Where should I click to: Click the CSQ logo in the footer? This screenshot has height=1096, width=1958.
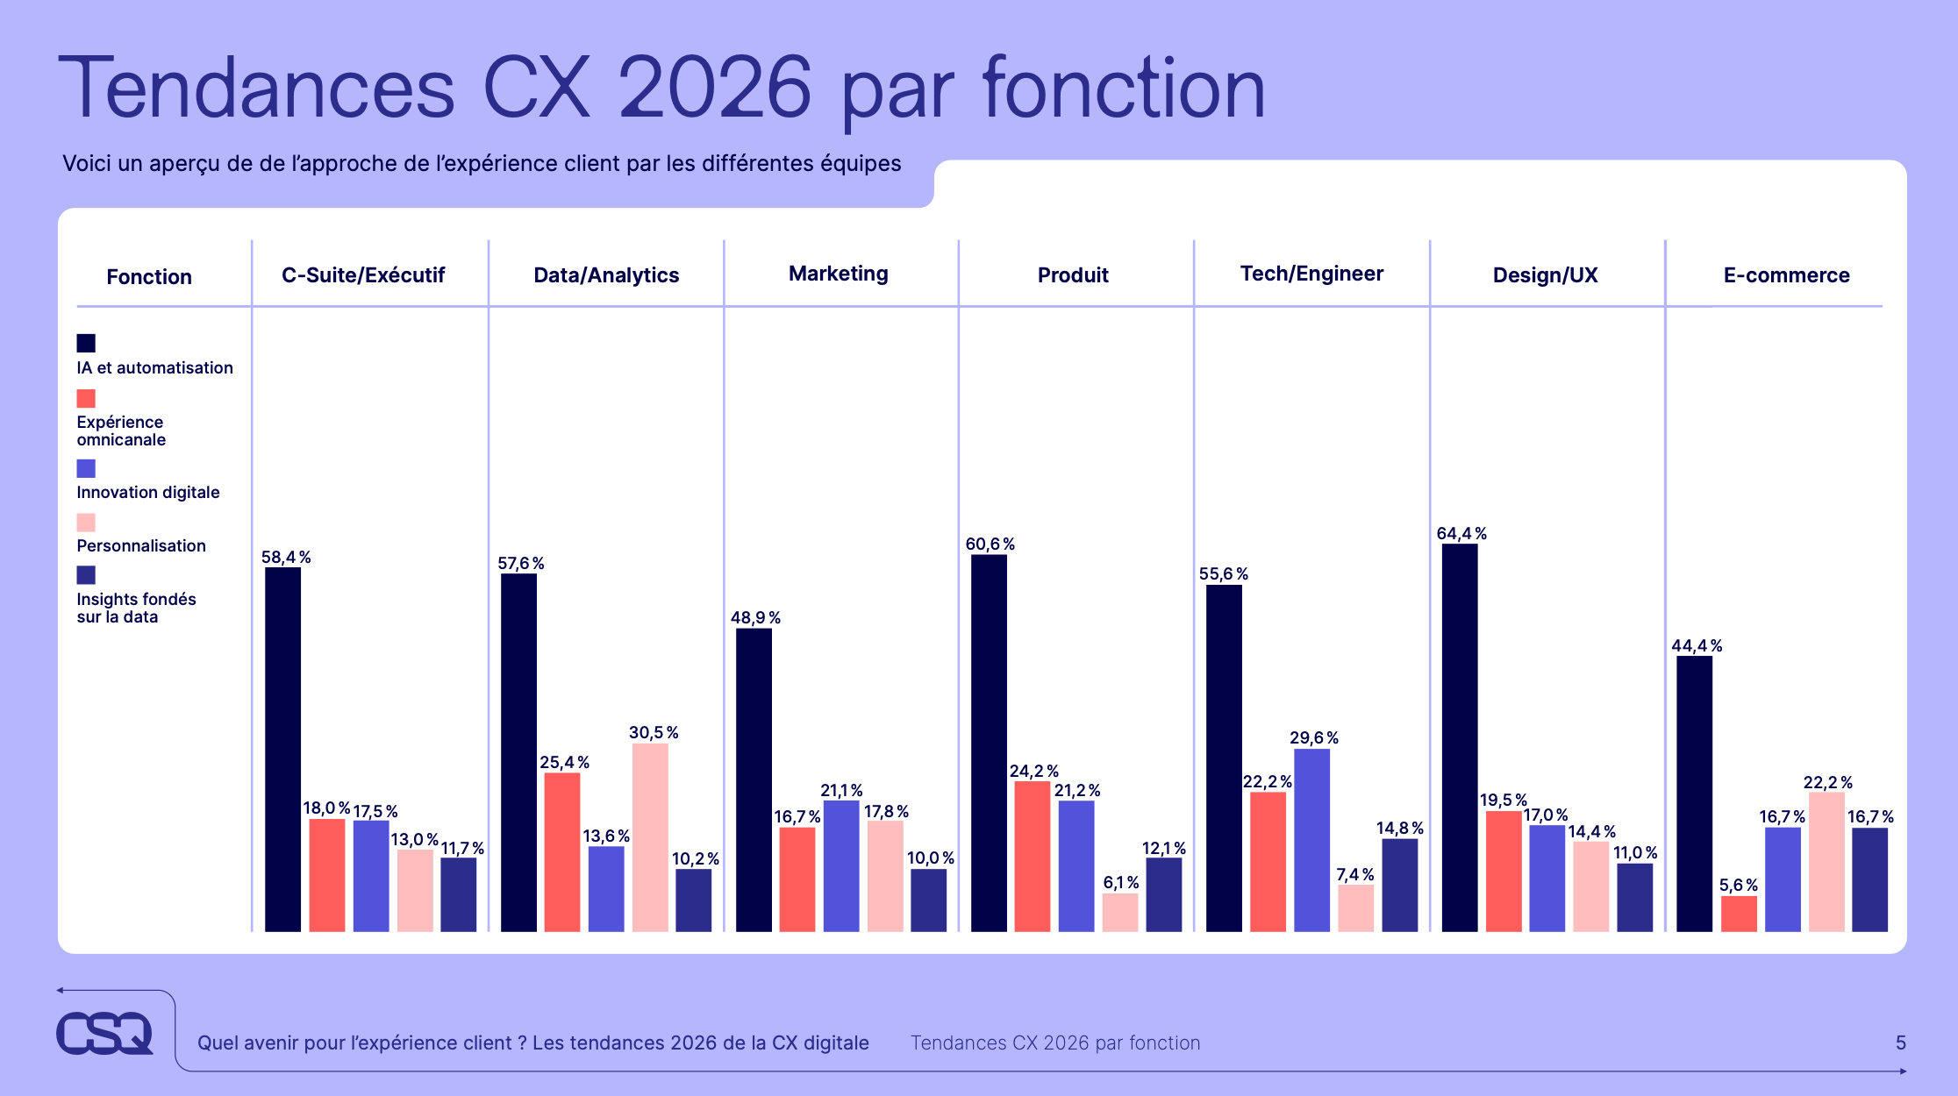pyautogui.click(x=104, y=1033)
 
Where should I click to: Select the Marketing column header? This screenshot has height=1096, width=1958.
pyautogui.click(x=838, y=274)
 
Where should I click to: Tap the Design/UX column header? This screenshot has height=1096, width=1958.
pyautogui.click(x=1545, y=275)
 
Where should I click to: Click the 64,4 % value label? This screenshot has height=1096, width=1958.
pyautogui.click(x=1461, y=533)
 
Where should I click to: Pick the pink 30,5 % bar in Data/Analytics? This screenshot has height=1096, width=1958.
pyautogui.click(x=650, y=837)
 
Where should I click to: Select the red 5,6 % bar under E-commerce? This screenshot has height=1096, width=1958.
pyautogui.click(x=1739, y=914)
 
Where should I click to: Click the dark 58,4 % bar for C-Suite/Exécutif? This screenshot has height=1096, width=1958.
pyautogui.click(x=282, y=750)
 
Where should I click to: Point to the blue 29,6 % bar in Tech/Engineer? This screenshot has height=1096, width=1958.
pyautogui.click(x=1311, y=840)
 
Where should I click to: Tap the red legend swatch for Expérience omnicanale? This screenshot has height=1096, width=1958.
pyautogui.click(x=86, y=399)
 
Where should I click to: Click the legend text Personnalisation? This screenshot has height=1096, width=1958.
pyautogui.click(x=141, y=545)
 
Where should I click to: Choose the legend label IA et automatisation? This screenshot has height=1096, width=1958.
pyautogui.click(x=154, y=367)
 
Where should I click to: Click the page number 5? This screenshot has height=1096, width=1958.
pyautogui.click(x=1900, y=1043)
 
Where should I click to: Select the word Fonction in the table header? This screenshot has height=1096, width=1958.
pyautogui.click(x=149, y=277)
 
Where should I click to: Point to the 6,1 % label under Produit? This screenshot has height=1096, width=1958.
pyautogui.click(x=1120, y=882)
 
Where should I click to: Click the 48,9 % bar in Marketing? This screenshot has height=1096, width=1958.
pyautogui.click(x=754, y=780)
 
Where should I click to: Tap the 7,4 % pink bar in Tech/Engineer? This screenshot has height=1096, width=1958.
pyautogui.click(x=1355, y=908)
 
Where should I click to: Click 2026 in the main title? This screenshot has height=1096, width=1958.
pyautogui.click(x=714, y=89)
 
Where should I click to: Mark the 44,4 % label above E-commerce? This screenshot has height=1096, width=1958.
pyautogui.click(x=1696, y=645)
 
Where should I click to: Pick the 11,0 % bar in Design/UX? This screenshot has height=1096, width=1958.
pyautogui.click(x=1634, y=898)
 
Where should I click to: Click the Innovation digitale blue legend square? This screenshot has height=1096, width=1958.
pyautogui.click(x=86, y=468)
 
